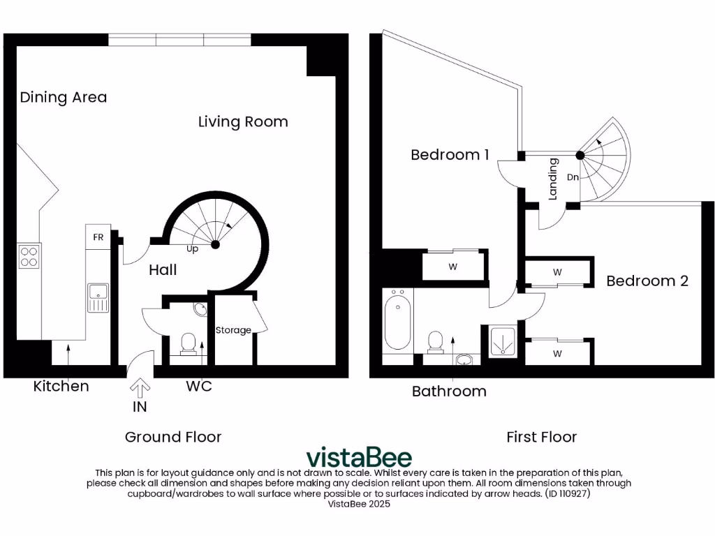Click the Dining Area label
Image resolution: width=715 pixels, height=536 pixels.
63,97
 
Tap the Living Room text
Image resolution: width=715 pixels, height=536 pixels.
242,122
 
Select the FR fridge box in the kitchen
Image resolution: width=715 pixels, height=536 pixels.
98,237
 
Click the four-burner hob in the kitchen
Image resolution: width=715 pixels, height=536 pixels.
29,257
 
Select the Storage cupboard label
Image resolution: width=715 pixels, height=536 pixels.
233,330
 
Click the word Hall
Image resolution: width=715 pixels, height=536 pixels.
163,270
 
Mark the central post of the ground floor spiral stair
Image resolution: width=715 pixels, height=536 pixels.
215,245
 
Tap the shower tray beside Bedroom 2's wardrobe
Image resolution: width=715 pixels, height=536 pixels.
502,341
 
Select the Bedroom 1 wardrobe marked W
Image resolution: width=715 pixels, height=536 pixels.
452,267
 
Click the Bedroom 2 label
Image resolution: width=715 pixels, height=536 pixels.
647,281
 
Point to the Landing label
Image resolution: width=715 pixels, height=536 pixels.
553,179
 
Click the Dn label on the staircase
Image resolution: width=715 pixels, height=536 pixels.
573,177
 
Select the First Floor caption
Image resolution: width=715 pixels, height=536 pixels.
541,437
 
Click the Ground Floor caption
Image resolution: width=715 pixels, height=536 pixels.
172,437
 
